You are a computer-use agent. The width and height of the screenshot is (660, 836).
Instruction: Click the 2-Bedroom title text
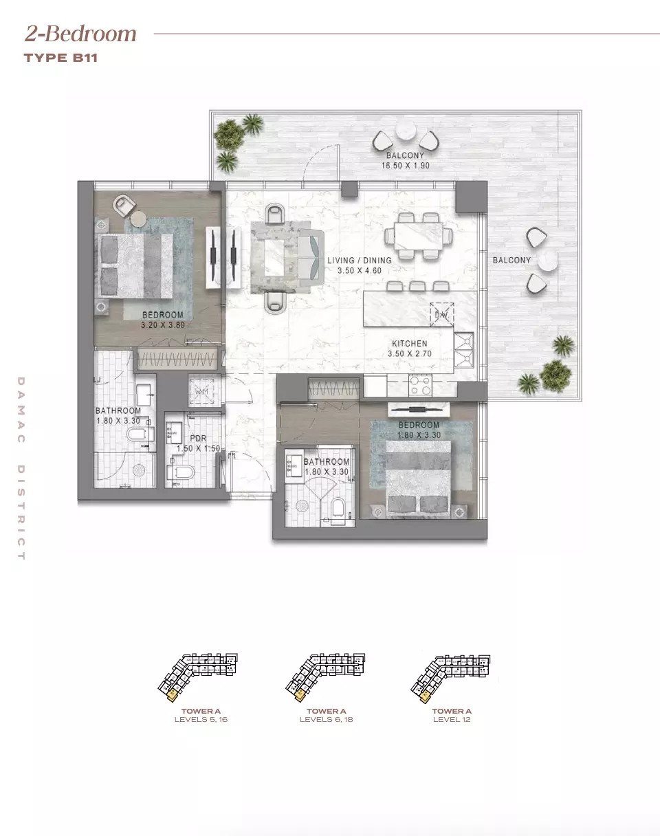coord(81,34)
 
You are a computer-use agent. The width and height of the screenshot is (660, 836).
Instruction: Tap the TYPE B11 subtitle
coord(60,58)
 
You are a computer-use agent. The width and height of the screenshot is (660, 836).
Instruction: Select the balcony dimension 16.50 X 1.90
coord(405,166)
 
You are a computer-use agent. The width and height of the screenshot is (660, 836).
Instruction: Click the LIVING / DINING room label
coord(359,261)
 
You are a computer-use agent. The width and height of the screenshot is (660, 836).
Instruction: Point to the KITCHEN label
coord(409,344)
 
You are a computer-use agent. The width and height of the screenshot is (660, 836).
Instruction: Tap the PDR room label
coord(198,438)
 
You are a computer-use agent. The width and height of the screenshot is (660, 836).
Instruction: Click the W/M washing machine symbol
coord(201,391)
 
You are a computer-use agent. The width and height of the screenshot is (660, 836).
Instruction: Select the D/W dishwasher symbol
coord(441,315)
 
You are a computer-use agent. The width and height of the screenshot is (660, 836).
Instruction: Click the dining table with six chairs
coord(419,236)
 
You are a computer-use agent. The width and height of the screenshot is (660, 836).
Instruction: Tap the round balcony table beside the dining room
coord(549,261)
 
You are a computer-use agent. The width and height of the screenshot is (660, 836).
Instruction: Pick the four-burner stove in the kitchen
coord(419,385)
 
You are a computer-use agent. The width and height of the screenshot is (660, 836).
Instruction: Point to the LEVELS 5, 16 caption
coord(201,720)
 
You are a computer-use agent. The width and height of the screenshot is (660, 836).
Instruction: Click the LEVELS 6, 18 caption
coord(326,720)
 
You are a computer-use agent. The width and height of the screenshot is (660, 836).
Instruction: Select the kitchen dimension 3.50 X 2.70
coord(409,354)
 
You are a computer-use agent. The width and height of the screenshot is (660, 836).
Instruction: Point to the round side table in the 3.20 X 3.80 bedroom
coord(139,219)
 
